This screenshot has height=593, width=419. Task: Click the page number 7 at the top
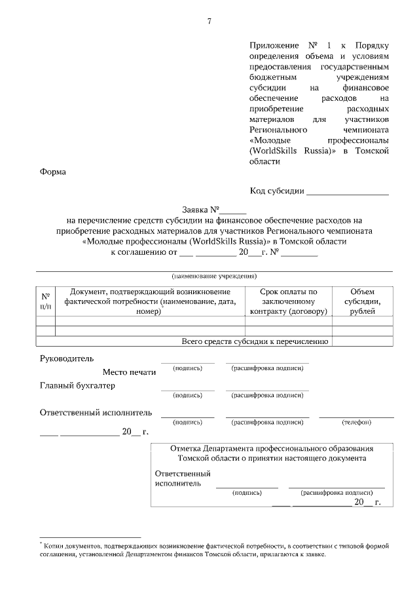(209, 22)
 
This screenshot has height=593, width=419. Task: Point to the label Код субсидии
(277, 191)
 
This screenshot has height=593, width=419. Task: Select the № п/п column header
(45, 301)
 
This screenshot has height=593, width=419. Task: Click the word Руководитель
(67, 358)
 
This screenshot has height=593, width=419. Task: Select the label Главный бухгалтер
(77, 385)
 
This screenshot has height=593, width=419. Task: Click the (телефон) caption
(356, 422)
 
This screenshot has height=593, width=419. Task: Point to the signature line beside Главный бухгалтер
(187, 390)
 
